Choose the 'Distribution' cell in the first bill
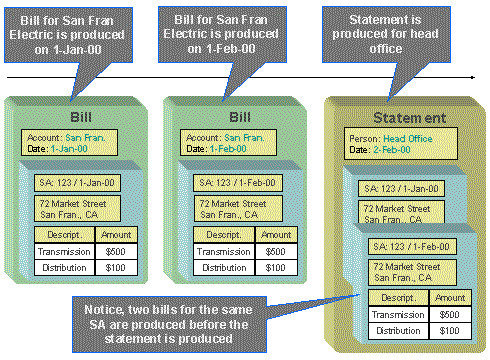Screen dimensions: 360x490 click(x=59, y=267)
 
